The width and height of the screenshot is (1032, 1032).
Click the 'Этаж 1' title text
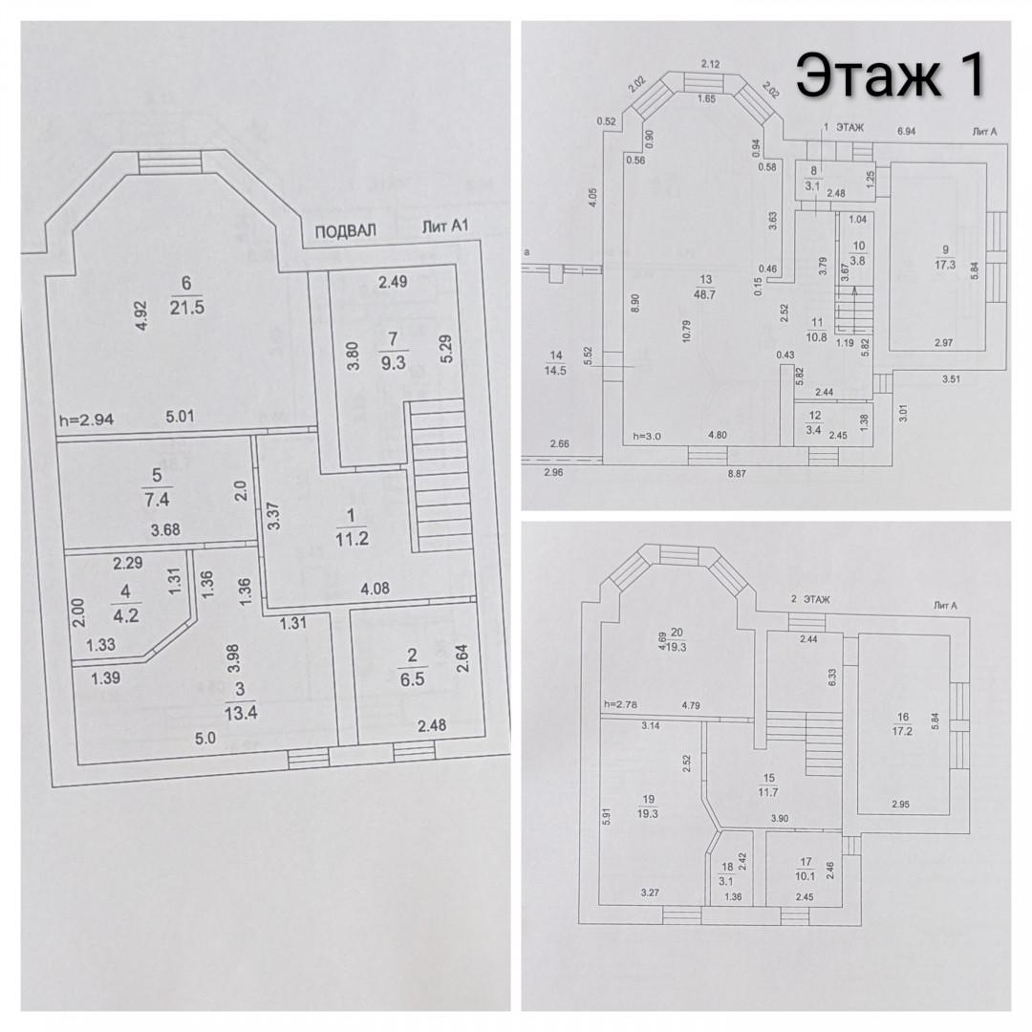point(890,76)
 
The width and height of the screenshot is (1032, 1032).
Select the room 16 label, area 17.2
point(903,722)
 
